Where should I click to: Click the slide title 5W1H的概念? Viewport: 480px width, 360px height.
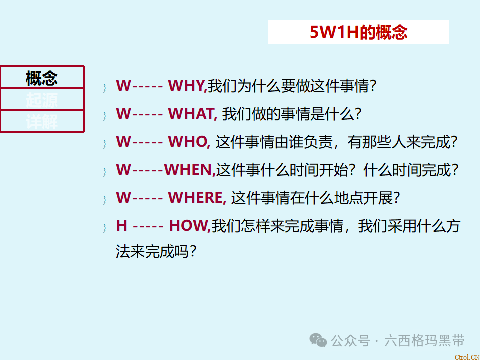358,32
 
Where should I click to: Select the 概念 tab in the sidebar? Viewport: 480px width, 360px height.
42,78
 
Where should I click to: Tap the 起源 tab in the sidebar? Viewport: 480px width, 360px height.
42,100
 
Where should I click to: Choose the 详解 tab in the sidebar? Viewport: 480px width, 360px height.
42,121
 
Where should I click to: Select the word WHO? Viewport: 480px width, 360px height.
189,142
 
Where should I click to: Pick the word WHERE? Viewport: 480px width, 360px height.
197,198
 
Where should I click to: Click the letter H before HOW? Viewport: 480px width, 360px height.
121,226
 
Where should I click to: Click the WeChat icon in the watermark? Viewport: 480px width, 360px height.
318,340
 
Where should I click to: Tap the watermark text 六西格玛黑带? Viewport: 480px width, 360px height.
425,341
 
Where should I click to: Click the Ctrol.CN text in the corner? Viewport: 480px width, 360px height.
467,356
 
